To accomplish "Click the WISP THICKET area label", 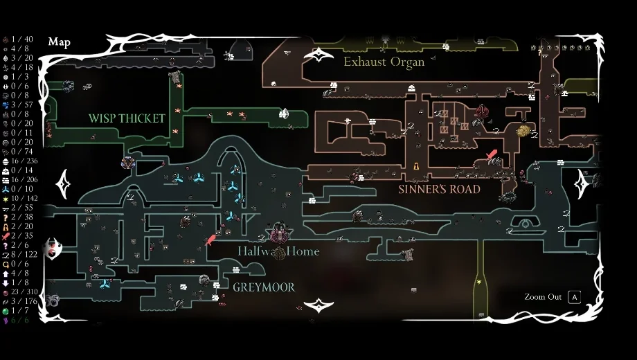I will [x=127, y=118].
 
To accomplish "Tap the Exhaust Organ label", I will [x=384, y=62].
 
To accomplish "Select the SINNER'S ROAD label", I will [x=439, y=189].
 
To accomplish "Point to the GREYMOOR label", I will [x=264, y=287].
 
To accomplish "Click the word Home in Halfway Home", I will [x=303, y=251].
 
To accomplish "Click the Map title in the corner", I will [x=59, y=42].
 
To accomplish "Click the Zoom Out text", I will [x=543, y=297].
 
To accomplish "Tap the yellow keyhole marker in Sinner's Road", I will [x=416, y=166].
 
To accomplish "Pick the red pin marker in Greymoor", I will [x=211, y=240].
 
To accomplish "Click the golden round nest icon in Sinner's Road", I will [x=523, y=130].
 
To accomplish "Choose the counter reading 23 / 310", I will [x=26, y=292].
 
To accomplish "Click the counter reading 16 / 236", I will [x=24, y=161].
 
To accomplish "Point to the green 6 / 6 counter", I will [x=20, y=320].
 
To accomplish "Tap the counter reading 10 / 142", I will [x=24, y=198].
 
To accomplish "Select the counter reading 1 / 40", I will [x=22, y=39].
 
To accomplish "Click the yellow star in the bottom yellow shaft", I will [x=478, y=282].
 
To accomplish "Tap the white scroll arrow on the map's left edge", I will [x=64, y=183].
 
